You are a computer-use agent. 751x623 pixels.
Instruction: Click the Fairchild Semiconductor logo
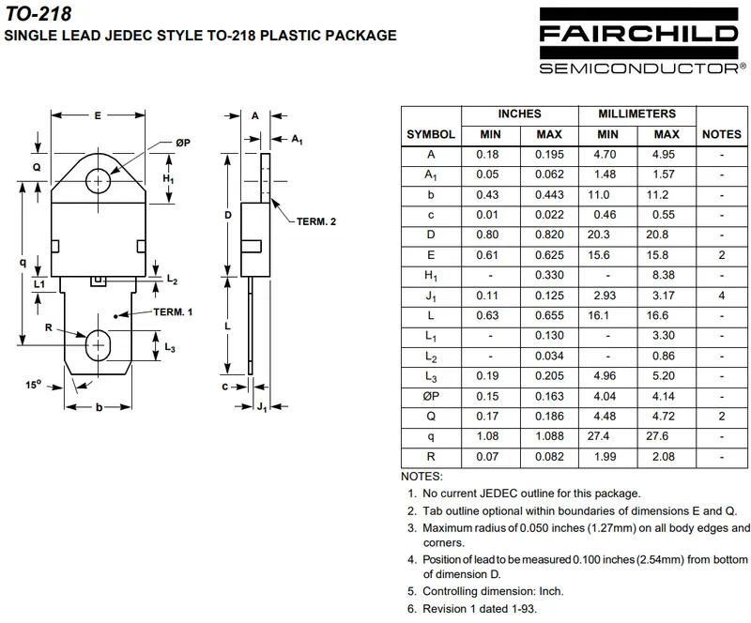[642, 41]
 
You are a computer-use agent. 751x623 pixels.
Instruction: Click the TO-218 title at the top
[38, 13]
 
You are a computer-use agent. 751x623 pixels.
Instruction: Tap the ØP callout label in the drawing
[182, 143]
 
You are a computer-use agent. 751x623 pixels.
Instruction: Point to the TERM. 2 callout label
[316, 221]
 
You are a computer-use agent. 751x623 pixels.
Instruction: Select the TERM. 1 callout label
[173, 312]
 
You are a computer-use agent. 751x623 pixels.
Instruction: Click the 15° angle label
[34, 385]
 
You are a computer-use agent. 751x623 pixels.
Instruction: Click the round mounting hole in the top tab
[99, 181]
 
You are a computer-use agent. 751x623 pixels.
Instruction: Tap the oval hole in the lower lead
[98, 345]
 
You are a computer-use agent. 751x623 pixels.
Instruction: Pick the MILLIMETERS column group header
[637, 114]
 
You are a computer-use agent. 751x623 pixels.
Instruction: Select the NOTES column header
[721, 134]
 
